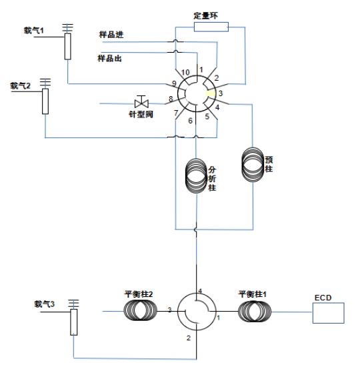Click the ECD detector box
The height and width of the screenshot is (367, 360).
[x=328, y=313]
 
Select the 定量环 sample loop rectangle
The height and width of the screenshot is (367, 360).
[x=211, y=27]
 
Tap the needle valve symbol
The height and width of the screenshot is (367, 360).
[x=141, y=103]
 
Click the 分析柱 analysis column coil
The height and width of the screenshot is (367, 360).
[x=196, y=176]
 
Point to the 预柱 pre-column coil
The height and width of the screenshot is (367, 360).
[x=253, y=165]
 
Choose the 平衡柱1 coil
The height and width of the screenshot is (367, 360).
[x=255, y=312]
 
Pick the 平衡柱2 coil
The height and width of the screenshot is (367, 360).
[x=141, y=310]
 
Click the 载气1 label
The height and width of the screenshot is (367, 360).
[x=34, y=31]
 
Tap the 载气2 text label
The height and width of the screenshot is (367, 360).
[x=21, y=85]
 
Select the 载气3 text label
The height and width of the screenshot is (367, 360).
[x=45, y=304]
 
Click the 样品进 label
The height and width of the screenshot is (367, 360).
[x=111, y=35]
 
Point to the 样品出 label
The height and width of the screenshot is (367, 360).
[x=109, y=58]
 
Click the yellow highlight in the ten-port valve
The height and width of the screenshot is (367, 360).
[x=210, y=93]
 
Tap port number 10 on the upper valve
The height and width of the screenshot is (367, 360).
[x=185, y=72]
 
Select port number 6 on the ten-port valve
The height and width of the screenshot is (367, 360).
[x=191, y=121]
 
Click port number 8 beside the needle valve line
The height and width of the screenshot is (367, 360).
[x=171, y=99]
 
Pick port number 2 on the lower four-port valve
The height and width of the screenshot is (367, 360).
[x=189, y=338]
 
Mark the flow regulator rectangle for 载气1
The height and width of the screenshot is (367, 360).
[x=68, y=46]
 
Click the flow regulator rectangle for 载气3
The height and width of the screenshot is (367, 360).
[x=74, y=322]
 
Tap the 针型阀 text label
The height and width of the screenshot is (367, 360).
[x=141, y=115]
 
